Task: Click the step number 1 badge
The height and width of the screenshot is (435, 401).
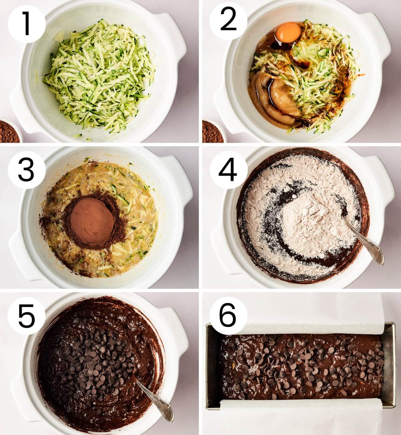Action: pyautogui.click(x=27, y=24)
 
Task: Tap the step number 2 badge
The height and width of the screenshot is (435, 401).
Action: pyautogui.click(x=228, y=21)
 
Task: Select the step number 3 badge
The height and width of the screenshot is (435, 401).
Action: pyautogui.click(x=27, y=170)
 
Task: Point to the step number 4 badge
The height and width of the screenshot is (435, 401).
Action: pyautogui.click(x=228, y=170)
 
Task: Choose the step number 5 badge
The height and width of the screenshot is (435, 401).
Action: pyautogui.click(x=26, y=316)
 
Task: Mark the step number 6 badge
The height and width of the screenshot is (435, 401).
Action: pyautogui.click(x=228, y=316)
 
